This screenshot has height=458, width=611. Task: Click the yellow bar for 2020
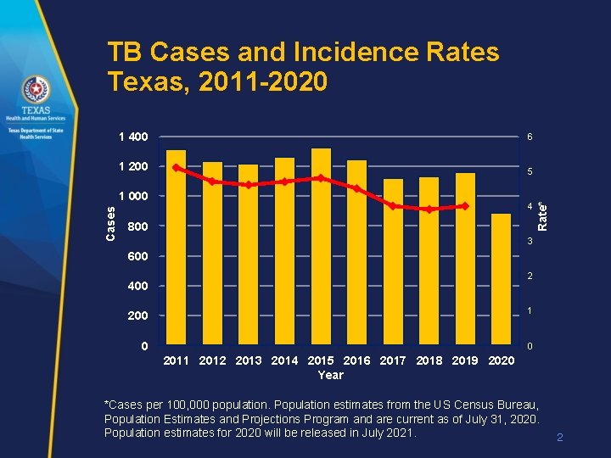[502, 279]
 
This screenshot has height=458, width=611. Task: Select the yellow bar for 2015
[321, 247]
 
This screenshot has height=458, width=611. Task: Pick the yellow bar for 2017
[393, 262]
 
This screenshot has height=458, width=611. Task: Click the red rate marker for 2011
[176, 167]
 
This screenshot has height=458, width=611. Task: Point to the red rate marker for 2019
[465, 206]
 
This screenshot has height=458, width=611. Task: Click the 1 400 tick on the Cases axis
[132, 137]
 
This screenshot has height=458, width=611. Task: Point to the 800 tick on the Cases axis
[137, 227]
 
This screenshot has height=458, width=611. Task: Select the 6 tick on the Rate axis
[530, 137]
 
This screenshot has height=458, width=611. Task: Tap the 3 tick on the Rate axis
[530, 242]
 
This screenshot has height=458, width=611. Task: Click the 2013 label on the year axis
[249, 360]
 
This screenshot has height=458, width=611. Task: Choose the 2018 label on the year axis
[429, 360]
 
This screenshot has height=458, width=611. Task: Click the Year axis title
[330, 375]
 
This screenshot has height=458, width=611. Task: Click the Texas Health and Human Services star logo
[36, 89]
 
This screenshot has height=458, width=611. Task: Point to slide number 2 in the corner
[559, 438]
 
